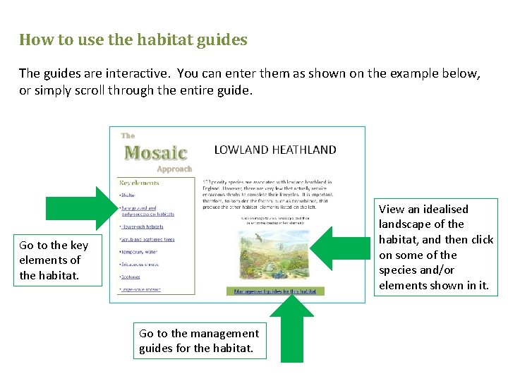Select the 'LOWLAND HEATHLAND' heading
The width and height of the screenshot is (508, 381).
(274, 150)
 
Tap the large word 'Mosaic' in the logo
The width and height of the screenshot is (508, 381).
(156, 152)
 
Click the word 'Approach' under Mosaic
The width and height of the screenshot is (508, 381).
(174, 169)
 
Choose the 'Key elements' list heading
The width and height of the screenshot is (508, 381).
(140, 183)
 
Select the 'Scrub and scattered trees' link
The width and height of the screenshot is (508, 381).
(147, 239)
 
